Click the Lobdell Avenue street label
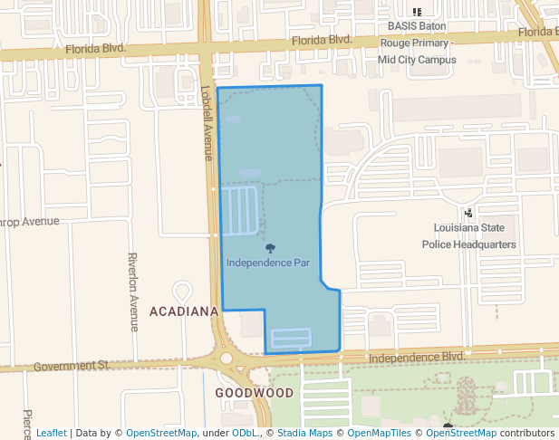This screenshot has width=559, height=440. (207, 124)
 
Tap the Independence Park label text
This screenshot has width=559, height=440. (268, 263)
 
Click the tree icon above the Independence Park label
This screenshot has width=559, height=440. (270, 248)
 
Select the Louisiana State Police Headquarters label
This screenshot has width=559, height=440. (469, 236)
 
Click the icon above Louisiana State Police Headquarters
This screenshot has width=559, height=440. (468, 213)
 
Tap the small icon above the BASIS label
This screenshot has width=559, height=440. (417, 12)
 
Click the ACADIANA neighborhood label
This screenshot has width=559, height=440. (184, 311)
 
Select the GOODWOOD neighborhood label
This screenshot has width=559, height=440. (255, 393)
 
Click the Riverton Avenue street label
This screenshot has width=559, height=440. (133, 292)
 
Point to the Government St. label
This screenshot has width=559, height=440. (72, 366)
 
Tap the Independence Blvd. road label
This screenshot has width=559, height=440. (417, 358)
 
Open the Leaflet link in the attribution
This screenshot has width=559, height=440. (51, 433)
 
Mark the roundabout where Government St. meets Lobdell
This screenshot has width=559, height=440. (226, 359)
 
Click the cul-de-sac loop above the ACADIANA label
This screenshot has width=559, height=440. (182, 292)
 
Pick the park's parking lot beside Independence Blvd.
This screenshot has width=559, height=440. (291, 339)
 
